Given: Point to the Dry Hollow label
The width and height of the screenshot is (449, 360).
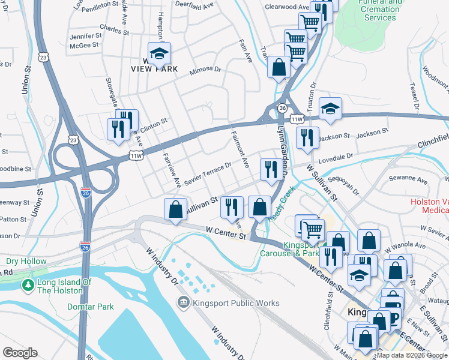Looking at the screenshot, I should (26, 262).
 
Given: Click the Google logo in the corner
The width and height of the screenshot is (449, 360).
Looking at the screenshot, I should (20, 353).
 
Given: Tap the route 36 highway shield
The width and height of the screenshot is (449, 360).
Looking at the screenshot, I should (282, 107).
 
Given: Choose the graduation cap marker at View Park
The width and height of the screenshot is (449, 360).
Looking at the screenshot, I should (160, 54).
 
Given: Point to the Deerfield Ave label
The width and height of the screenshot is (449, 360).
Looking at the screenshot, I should (194, 4).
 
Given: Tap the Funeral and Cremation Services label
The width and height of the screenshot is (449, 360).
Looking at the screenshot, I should (379, 10).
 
